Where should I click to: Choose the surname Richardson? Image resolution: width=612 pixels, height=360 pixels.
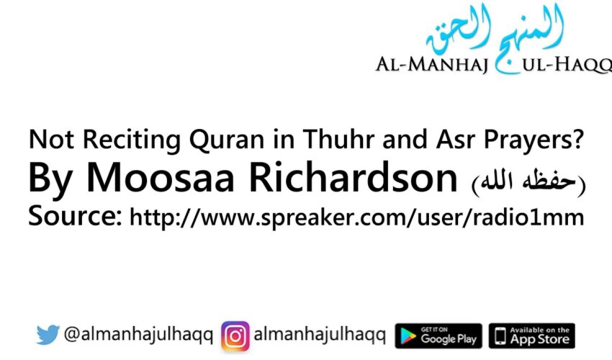coord(344,179)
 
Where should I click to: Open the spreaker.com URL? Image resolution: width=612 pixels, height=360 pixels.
coord(356,217)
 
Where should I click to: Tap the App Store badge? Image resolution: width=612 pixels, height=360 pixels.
coord(531,336)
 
